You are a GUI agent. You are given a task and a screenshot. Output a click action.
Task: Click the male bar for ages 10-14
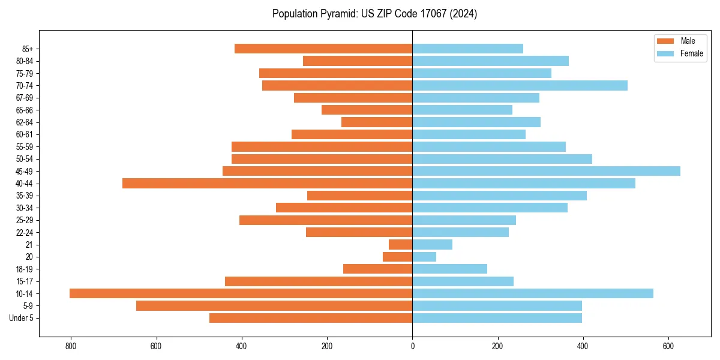click(x=241, y=293)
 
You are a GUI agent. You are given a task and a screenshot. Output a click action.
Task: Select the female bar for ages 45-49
click(x=546, y=171)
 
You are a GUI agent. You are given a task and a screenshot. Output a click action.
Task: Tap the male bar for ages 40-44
click(x=267, y=183)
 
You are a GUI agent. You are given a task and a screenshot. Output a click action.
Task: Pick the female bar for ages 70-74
click(x=520, y=85)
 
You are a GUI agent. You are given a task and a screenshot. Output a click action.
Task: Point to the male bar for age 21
click(x=400, y=244)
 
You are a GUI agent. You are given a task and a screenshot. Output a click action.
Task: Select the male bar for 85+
click(x=323, y=49)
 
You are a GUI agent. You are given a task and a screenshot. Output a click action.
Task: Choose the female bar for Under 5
click(x=497, y=318)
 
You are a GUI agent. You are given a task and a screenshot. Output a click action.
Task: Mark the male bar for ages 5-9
click(x=274, y=305)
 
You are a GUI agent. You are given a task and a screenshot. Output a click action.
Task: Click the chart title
click(x=374, y=14)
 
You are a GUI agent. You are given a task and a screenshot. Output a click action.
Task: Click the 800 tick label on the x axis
click(x=71, y=346)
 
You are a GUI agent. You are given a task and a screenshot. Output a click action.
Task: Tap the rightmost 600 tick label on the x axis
click(x=668, y=346)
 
